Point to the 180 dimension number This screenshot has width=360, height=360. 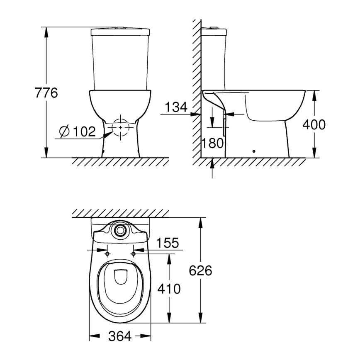(213, 143)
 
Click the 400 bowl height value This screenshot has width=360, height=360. (314, 124)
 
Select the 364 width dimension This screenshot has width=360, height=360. (120, 336)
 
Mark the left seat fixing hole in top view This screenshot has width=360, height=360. (107, 253)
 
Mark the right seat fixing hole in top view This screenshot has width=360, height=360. (134, 253)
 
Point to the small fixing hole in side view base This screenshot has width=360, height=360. (253, 151)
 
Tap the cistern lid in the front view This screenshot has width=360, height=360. (120, 31)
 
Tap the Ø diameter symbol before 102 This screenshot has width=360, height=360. (64, 132)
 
